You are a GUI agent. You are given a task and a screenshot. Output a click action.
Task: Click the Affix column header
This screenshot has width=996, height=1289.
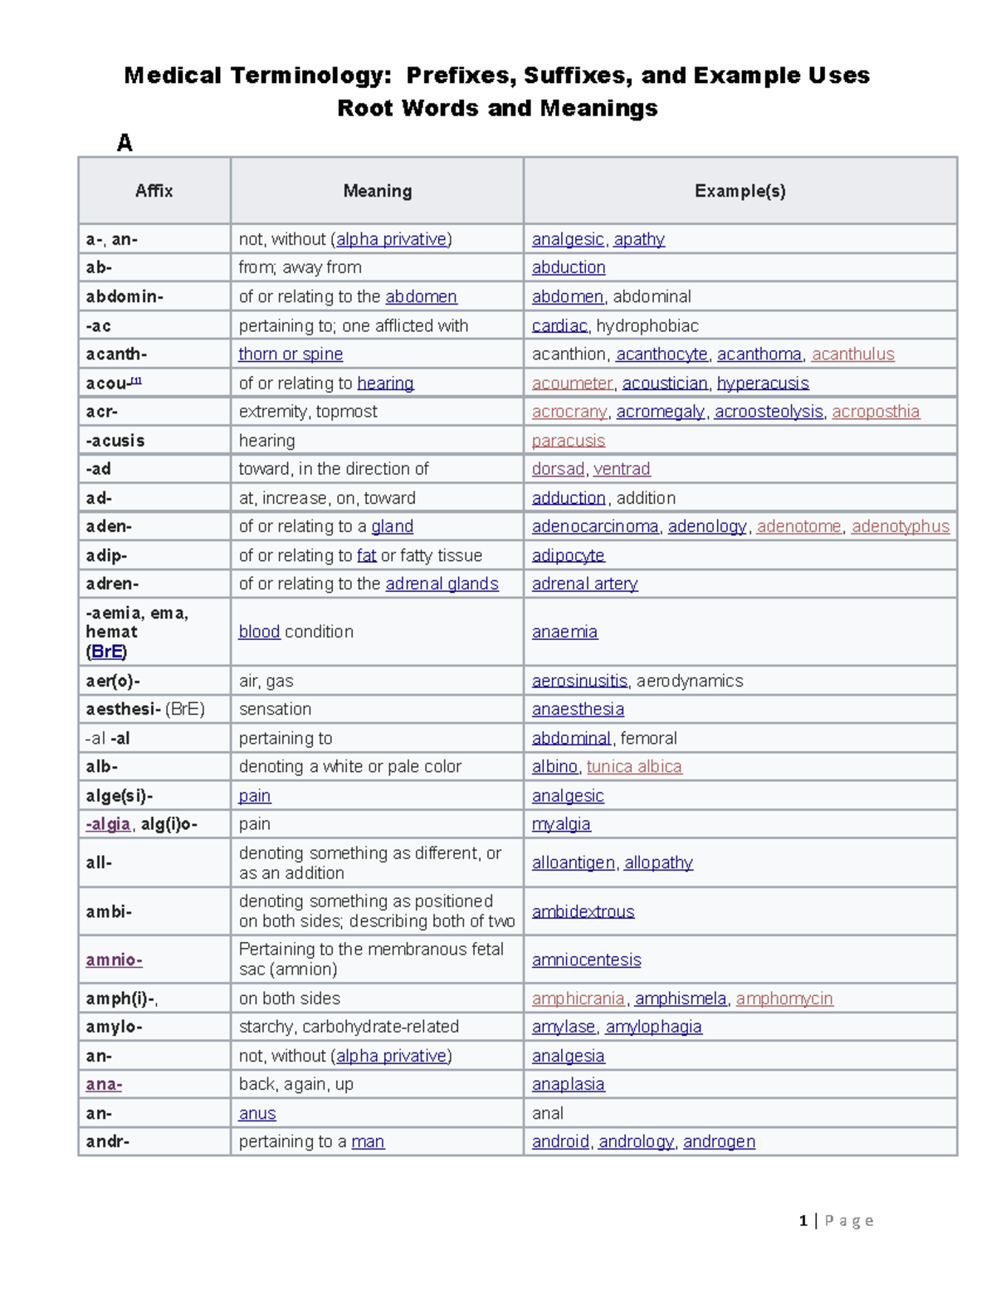pos(154,191)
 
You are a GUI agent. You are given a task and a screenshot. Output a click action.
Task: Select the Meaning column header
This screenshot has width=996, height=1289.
pos(377,191)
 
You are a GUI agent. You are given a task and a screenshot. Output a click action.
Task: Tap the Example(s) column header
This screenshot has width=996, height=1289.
pos(740,191)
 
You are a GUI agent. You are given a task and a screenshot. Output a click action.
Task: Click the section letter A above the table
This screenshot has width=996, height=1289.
pos(124,143)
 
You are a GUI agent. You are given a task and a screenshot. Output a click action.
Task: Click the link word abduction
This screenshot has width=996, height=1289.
pos(569,267)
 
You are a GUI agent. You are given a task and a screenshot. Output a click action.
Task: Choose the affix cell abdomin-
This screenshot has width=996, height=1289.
pos(124,296)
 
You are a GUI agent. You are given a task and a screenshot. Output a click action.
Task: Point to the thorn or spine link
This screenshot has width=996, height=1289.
pos(290,354)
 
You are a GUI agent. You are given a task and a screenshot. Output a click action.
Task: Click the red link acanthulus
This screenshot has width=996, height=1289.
pos(852,354)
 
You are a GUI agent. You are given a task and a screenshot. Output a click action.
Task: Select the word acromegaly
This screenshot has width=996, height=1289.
pos(661,412)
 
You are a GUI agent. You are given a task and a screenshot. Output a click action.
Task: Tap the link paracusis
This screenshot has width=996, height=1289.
pos(569,441)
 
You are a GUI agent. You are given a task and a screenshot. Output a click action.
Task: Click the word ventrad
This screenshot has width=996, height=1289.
pos(622,469)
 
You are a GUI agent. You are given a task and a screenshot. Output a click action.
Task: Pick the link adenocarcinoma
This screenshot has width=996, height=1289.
pos(595,526)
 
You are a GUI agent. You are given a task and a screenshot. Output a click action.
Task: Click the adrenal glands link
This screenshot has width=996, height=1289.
pos(442,583)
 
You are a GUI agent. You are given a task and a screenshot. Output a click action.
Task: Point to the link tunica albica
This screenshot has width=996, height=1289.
pos(634,766)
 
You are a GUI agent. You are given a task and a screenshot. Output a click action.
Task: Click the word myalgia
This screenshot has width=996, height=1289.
pos(561,824)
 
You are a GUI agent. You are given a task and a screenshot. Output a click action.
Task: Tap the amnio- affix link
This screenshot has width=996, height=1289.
pos(114,959)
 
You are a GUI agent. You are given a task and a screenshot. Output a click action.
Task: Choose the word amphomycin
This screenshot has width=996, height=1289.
pos(784,998)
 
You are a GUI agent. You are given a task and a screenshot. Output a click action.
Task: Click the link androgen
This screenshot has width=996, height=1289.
pos(719,1141)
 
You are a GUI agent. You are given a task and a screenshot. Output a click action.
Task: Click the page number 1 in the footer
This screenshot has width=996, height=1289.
pos(803,1220)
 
